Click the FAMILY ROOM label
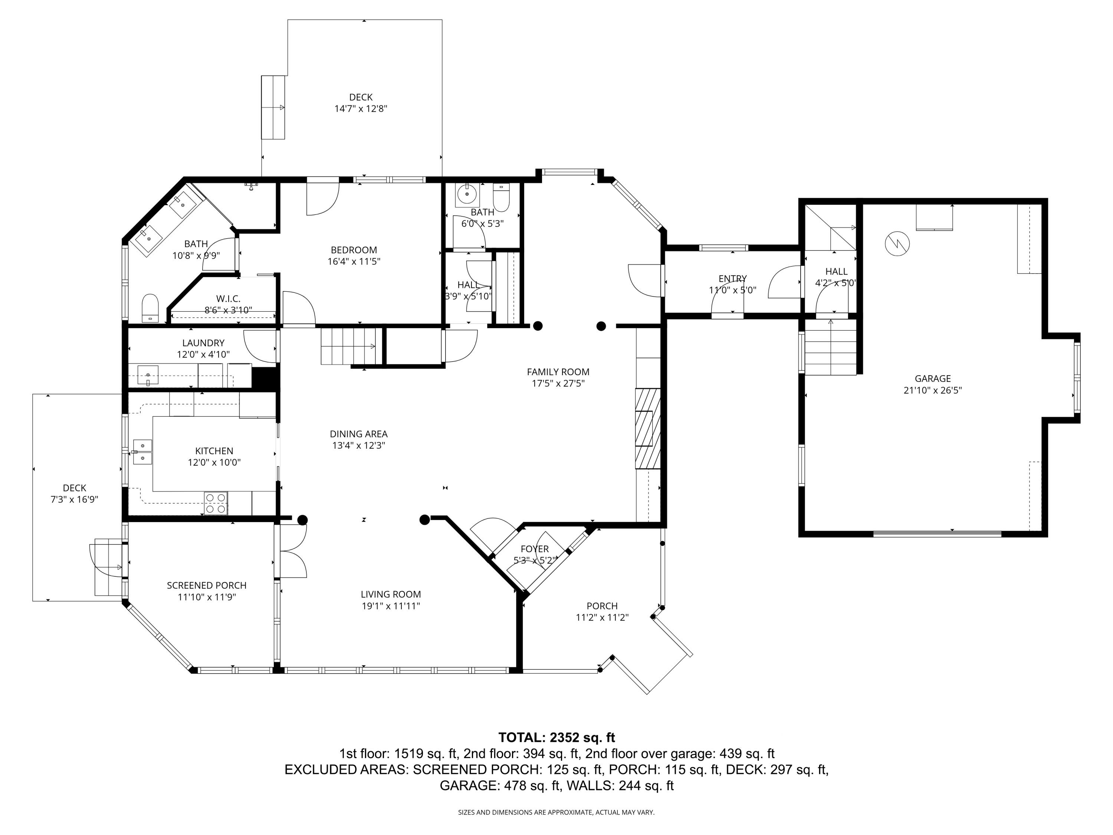(558, 372)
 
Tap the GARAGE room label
(933, 379)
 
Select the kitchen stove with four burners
(216, 503)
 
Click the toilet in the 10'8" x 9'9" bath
(150, 308)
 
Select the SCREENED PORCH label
(207, 585)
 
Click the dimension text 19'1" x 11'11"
(391, 606)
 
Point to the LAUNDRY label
(203, 343)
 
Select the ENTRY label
(733, 279)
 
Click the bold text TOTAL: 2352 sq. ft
(556, 738)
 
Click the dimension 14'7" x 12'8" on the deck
(361, 109)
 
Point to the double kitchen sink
(142, 452)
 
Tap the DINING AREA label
(359, 434)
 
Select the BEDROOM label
(354, 250)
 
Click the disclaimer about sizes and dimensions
(556, 812)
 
